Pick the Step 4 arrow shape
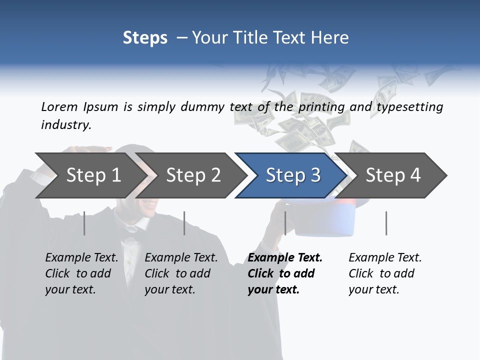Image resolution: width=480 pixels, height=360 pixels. tap(393, 175)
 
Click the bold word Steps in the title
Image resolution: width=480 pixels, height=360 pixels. tap(145, 38)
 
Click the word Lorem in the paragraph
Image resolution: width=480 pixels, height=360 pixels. tap(59, 106)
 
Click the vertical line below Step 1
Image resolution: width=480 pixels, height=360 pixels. tap(84, 223)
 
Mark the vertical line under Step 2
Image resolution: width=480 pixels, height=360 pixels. tap(184, 223)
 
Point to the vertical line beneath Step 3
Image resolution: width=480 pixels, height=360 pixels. tap(285, 223)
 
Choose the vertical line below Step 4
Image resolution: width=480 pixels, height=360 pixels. tap(386, 223)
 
